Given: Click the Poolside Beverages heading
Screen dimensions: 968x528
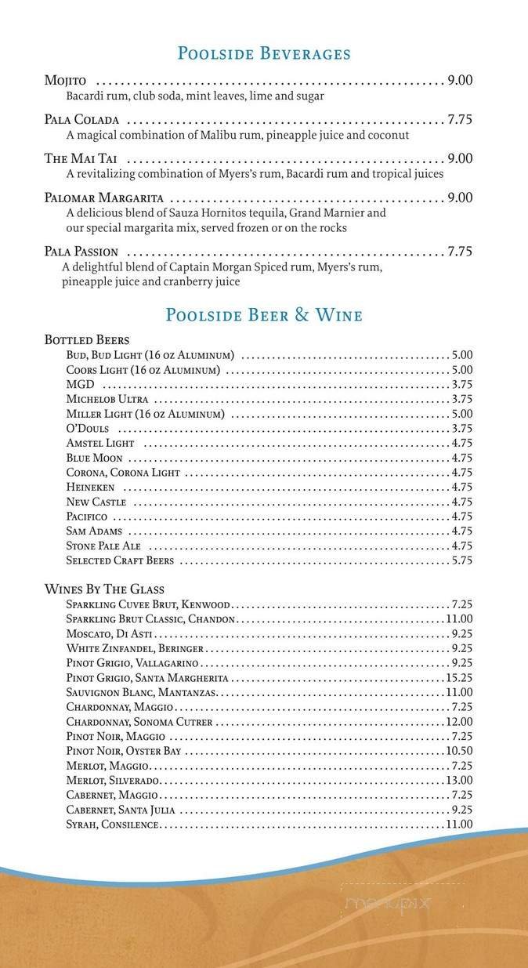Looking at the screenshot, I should click(264, 54).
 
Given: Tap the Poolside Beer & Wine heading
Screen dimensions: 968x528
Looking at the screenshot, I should click(264, 315).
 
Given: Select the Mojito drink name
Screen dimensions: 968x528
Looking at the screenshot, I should click(65, 81).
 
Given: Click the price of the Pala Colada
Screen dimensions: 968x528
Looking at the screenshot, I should click(460, 120).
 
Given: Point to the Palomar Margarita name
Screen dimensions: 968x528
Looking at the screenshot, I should click(103, 198).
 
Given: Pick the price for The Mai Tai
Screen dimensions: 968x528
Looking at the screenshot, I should click(460, 158).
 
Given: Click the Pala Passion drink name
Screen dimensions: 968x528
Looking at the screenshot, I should click(81, 252).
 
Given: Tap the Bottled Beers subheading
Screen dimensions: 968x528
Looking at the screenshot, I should click(87, 340).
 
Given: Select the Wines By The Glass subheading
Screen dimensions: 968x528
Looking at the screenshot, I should click(104, 589).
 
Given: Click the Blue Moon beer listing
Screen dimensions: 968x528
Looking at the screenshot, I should click(94, 458).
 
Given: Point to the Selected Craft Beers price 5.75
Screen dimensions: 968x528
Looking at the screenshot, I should click(461, 560).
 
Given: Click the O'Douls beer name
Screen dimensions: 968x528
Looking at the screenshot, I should click(88, 429).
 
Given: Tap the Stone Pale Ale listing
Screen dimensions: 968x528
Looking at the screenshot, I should click(103, 546).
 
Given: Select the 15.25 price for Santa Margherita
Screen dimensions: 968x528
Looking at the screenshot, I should click(459, 677).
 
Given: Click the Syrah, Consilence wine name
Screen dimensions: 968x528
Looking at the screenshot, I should click(113, 824).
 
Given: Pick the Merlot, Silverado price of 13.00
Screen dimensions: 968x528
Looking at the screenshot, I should click(459, 780).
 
